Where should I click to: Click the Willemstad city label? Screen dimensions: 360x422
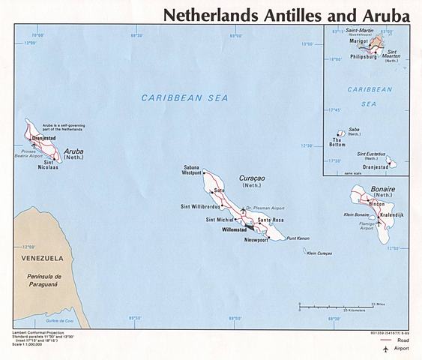tap(223, 229)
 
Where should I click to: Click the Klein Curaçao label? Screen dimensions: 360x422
tap(319, 253)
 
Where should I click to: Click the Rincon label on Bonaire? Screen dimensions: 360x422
tap(377, 203)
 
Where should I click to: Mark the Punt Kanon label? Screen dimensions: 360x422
tap(298, 238)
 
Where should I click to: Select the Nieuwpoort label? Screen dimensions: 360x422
tap(256, 239)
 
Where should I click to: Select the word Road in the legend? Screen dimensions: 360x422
tap(406, 340)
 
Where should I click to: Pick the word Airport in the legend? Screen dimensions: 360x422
tap(404, 349)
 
